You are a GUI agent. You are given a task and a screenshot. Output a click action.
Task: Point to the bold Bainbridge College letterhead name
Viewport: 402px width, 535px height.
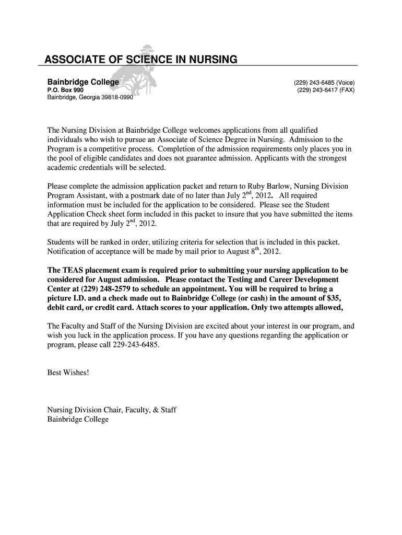coord(83,83)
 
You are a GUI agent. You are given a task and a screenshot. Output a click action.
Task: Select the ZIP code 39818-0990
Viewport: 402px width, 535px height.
coord(115,98)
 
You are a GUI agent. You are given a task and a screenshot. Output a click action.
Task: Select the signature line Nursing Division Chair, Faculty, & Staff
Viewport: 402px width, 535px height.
coord(112,410)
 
